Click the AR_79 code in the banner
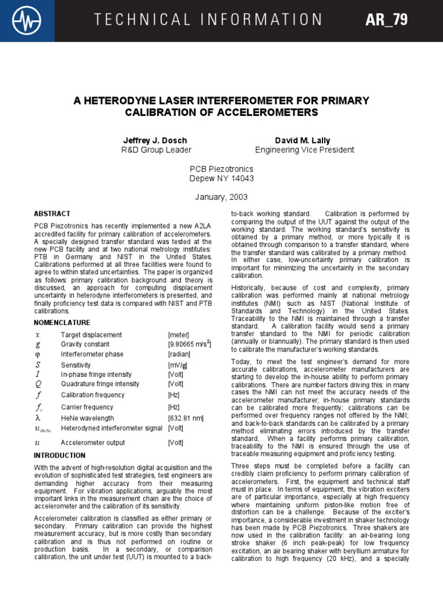(x=386, y=20)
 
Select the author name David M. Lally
(x=305, y=140)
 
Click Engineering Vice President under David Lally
(x=305, y=150)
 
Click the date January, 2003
(x=221, y=197)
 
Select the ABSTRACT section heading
(x=52, y=213)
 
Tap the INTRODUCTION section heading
(x=59, y=455)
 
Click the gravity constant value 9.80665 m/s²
(x=190, y=345)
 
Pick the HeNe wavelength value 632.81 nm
(x=186, y=418)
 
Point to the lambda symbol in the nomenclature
(x=37, y=418)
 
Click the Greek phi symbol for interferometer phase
(x=38, y=354)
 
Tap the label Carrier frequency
(x=87, y=407)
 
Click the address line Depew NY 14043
(x=221, y=178)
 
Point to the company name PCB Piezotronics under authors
(x=221, y=169)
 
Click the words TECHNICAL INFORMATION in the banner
(x=209, y=20)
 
